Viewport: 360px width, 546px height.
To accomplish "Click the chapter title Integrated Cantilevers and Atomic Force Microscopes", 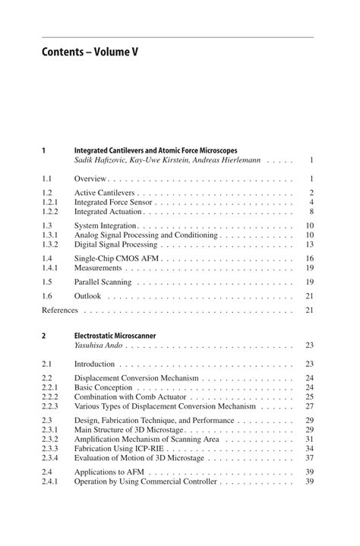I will click(x=166, y=150).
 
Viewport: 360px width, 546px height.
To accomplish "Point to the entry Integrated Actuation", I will click(x=108, y=212).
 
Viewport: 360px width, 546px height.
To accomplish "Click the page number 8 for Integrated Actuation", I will click(x=311, y=212).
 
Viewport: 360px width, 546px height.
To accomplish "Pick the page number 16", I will click(x=309, y=259).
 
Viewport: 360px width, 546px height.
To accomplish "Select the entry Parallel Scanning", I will click(x=103, y=282).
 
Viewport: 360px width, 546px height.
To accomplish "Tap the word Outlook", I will click(x=87, y=296).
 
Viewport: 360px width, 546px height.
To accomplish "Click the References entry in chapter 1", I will click(x=60, y=310).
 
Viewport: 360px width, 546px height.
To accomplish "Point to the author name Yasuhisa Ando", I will click(x=99, y=345).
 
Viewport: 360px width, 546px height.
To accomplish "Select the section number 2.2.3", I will click(x=51, y=406).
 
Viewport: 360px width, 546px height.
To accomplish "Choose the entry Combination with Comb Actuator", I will click(x=131, y=396).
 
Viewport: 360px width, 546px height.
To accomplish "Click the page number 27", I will click(x=309, y=406).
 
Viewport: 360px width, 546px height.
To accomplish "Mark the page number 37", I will click(x=309, y=458).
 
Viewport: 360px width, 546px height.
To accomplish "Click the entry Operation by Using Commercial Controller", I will click(x=145, y=481).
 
